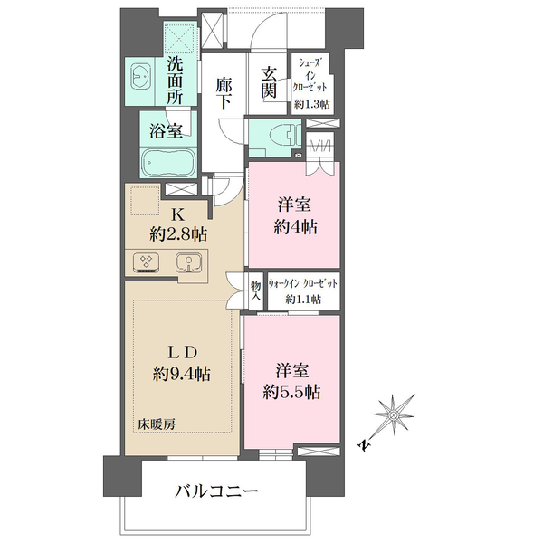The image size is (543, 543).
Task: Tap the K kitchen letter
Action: click(x=177, y=214)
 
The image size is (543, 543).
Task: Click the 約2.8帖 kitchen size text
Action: click(x=178, y=233)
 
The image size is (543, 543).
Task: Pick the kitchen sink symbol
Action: click(x=187, y=263)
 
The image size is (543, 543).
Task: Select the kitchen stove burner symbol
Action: click(x=146, y=263)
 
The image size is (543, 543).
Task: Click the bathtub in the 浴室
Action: click(x=167, y=163)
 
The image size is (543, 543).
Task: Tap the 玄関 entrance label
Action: click(x=269, y=83)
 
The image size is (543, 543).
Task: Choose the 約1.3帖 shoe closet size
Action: click(x=310, y=104)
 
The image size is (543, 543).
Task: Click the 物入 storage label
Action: click(x=255, y=291)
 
